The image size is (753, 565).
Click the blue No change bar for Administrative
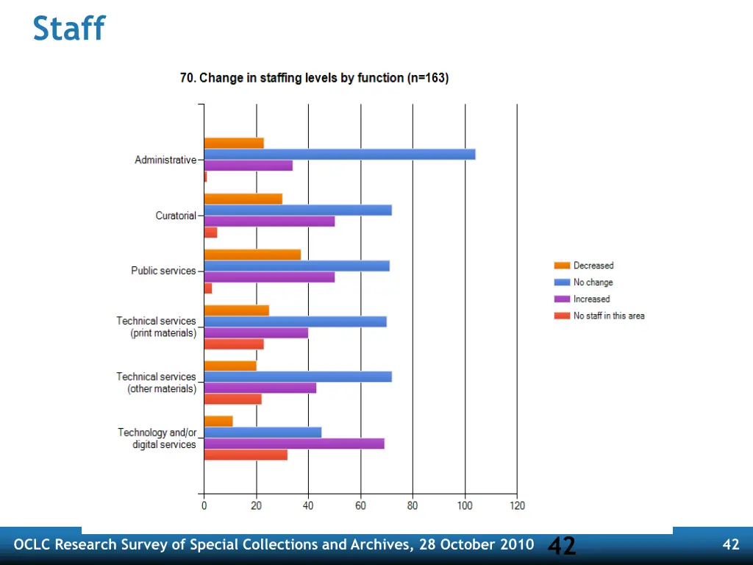339,154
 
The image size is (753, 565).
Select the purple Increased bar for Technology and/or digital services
294,444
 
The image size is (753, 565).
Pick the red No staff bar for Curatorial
210,232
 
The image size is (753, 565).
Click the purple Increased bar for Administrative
248,166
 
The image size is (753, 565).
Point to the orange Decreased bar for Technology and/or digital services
218,421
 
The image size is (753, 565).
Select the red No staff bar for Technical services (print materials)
234,344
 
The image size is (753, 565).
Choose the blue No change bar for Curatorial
298,210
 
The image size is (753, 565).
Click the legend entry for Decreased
593,266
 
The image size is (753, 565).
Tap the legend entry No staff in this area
608,316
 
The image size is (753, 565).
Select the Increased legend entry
591,299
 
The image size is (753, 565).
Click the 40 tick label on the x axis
308,505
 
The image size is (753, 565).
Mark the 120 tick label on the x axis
517,505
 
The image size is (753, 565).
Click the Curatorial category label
176,216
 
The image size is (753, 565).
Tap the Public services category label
163,271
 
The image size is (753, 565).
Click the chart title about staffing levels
314,78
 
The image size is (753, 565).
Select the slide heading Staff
69,29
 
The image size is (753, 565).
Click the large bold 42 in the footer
562,545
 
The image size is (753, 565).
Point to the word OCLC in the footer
32,545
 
